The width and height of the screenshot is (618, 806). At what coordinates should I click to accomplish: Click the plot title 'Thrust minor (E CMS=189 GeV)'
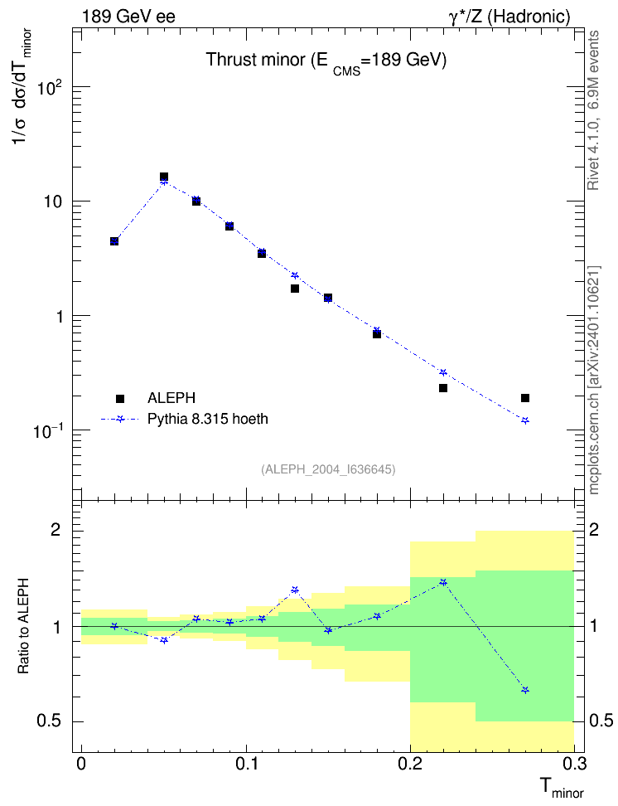pos(326,61)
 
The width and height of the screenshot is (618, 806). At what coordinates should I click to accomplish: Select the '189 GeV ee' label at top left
pos(128,17)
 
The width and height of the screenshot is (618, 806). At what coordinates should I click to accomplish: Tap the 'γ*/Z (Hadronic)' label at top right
pos(509,17)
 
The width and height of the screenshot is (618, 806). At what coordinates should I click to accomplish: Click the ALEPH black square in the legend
pos(120,398)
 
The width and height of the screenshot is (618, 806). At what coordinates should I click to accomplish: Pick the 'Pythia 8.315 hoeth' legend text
pos(208,419)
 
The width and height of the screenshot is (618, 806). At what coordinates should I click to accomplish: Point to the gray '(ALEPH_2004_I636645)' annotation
pos(328,469)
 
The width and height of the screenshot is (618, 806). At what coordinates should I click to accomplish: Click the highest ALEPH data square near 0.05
pos(164,177)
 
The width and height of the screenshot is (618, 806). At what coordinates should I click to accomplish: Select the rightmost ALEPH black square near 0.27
pos(525,398)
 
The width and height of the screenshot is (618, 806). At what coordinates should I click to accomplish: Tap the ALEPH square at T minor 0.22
pos(443,388)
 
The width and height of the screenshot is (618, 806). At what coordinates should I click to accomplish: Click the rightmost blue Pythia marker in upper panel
pos(525,420)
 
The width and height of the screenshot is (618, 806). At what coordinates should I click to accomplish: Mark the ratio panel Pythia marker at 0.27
pos(525,691)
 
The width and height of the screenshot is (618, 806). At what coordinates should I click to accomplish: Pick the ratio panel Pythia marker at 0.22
pos(443,582)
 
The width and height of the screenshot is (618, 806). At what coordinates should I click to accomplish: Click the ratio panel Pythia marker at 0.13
pos(295,590)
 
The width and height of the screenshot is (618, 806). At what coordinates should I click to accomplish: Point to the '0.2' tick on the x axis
pos(410,764)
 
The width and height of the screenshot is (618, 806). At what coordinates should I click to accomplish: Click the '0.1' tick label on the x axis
pos(245,764)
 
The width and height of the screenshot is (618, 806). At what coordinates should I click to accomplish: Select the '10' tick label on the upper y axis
pos(53,201)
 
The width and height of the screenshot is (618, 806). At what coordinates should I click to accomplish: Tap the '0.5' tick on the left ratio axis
pos(49,721)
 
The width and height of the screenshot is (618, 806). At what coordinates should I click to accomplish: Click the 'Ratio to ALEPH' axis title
pos(23,626)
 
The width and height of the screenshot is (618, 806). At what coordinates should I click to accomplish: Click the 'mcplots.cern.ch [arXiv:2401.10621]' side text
pos(594,381)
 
